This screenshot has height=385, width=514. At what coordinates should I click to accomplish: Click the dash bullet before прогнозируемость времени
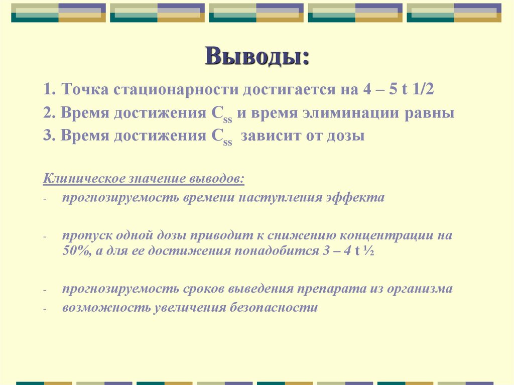point(45,199)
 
